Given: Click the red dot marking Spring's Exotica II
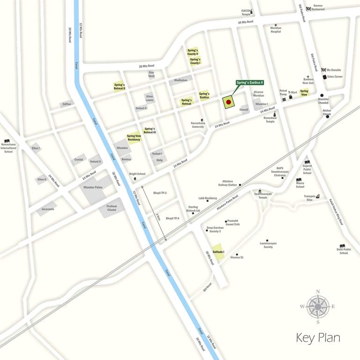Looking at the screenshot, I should click(228, 102).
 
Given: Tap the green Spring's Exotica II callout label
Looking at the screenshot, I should click(250, 82).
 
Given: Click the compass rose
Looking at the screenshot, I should click(318, 307).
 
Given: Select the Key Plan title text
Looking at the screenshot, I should click(318, 338).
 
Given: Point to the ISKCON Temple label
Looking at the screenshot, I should click(246, 12).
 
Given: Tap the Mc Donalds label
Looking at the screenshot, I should click(334, 70).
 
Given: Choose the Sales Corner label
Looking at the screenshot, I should click(335, 76).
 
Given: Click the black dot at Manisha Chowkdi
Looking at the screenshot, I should click(322, 95).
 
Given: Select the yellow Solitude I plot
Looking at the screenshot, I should click(218, 252).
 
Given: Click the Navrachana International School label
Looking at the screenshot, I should click(8, 148).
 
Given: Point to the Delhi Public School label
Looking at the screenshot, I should click(344, 251).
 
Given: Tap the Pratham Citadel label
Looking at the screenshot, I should click(111, 208).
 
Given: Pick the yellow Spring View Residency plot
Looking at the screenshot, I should click(134, 138).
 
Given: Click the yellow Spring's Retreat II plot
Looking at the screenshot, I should click(119, 87).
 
